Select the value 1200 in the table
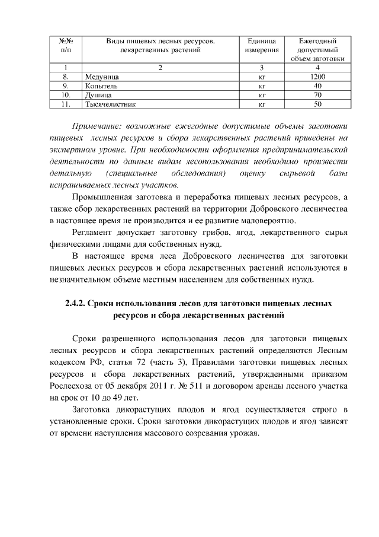pyautogui.click(x=317, y=77)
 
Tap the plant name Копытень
pyautogui.click(x=101, y=85)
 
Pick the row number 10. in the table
pyautogui.click(x=66, y=94)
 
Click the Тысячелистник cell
pyautogui.click(x=111, y=104)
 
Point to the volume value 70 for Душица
pyautogui.click(x=317, y=94)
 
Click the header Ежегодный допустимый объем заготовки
pyautogui.click(x=317, y=49)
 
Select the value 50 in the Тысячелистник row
pyautogui.click(x=317, y=104)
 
